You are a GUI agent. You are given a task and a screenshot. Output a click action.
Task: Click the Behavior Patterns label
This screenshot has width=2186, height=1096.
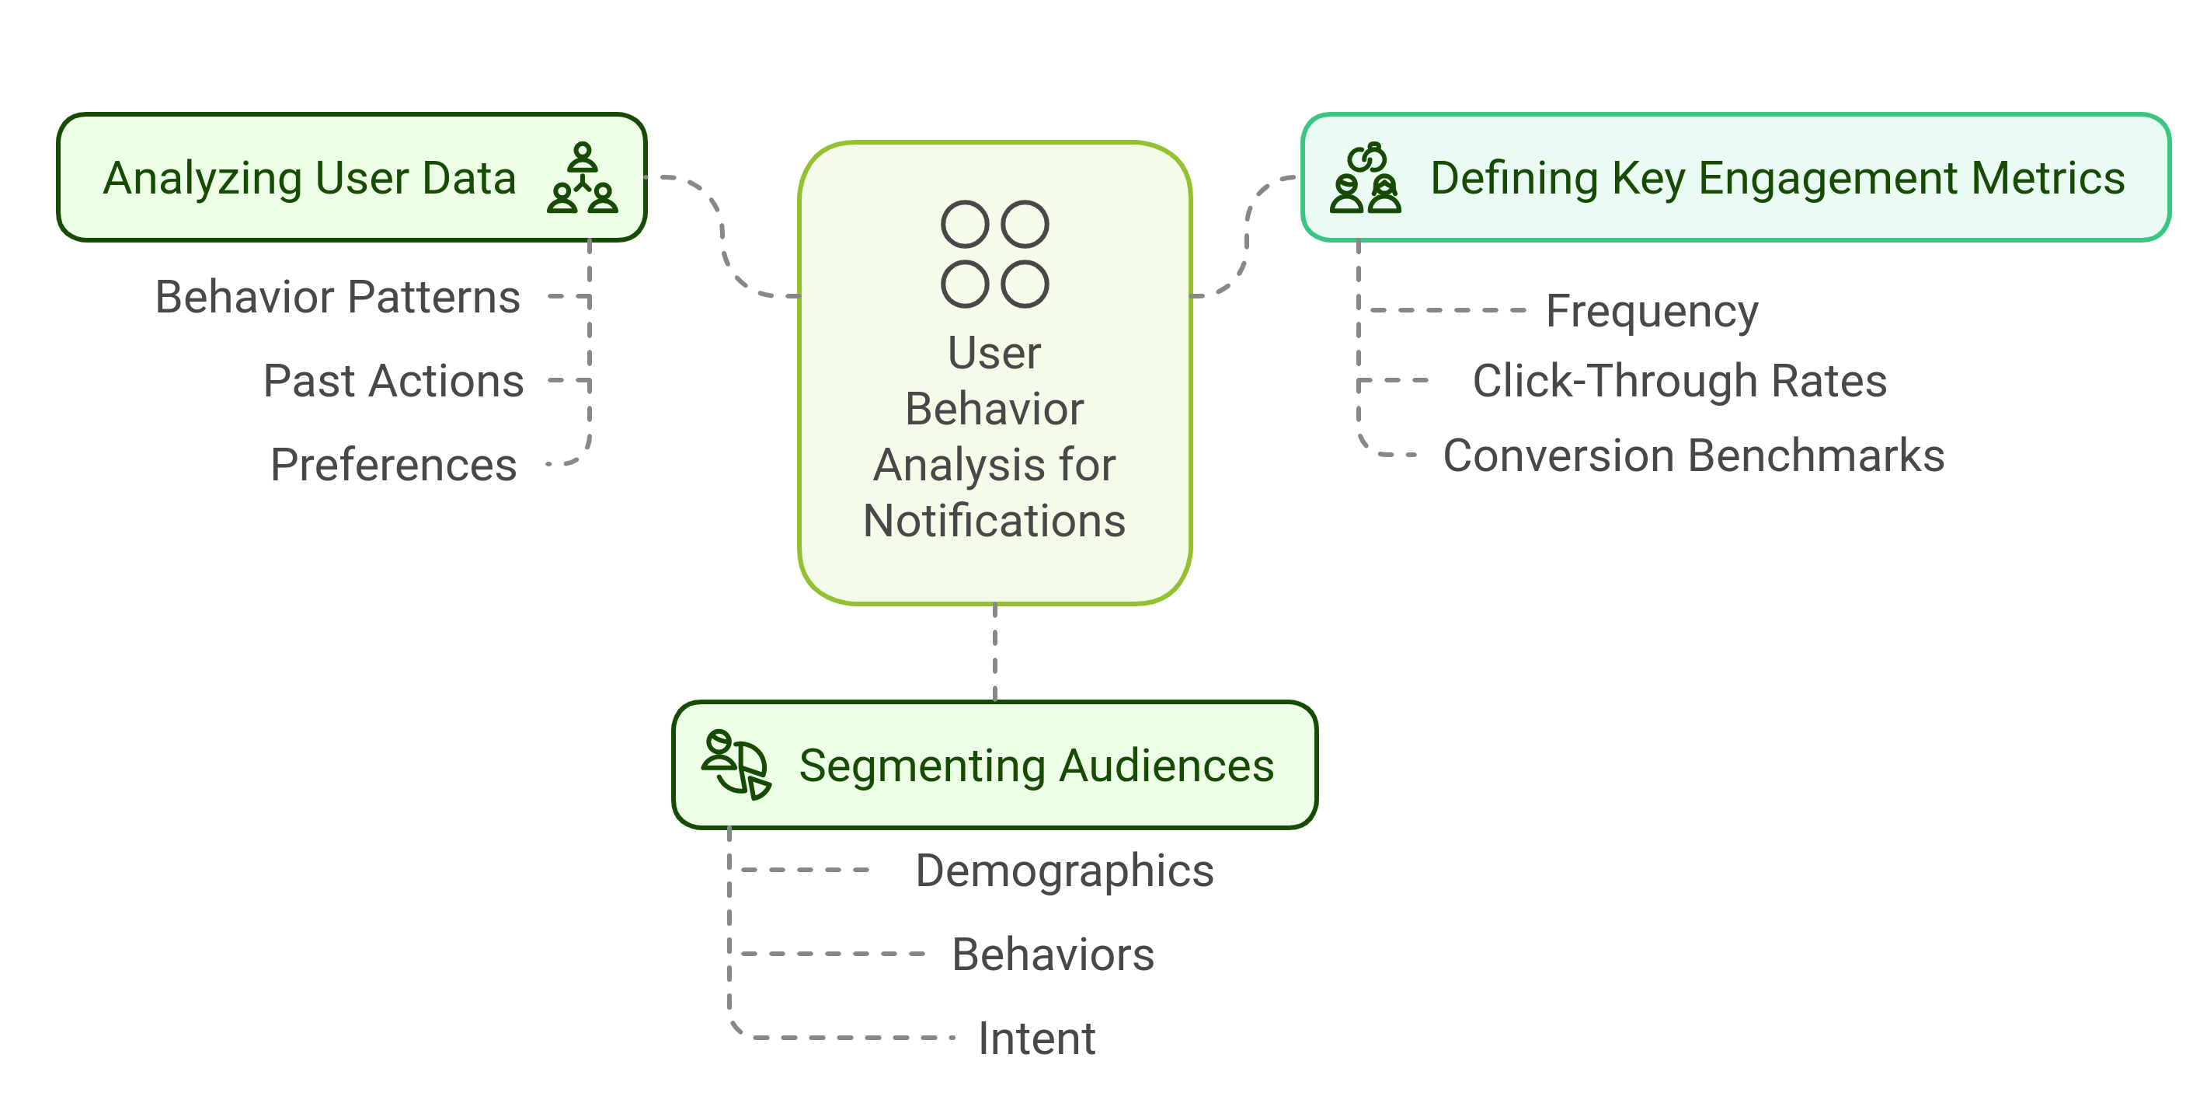click(x=338, y=297)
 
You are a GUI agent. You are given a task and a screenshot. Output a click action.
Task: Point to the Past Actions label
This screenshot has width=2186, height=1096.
click(x=393, y=380)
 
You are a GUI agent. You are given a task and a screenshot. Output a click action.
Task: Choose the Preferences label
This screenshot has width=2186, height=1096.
click(x=393, y=464)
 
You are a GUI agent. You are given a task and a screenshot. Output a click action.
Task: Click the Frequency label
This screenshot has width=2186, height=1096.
click(x=1652, y=311)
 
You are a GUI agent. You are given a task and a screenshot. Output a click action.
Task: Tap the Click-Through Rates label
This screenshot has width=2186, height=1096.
click(x=1680, y=380)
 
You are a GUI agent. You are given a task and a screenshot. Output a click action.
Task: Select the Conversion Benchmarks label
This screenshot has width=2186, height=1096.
click(x=1693, y=456)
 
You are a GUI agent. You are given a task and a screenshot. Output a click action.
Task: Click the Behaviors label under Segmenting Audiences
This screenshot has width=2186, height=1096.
click(x=1053, y=955)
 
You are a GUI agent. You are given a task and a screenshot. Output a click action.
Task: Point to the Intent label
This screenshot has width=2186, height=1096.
click(x=1036, y=1038)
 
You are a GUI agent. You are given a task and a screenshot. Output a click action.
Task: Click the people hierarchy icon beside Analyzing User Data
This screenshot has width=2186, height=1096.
click(x=582, y=178)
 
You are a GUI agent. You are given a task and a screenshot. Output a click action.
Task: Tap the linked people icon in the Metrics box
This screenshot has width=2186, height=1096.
click(x=1365, y=178)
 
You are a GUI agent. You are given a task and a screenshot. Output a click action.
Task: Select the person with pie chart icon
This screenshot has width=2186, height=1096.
click(x=736, y=765)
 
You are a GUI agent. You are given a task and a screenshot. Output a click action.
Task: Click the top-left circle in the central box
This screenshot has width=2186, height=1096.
click(x=965, y=224)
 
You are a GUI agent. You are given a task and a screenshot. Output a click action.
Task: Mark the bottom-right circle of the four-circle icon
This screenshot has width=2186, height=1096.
click(x=1025, y=284)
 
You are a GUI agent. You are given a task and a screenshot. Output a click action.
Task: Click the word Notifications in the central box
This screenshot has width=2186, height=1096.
click(x=994, y=521)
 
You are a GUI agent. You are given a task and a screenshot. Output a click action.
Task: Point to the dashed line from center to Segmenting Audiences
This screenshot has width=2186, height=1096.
click(x=994, y=652)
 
